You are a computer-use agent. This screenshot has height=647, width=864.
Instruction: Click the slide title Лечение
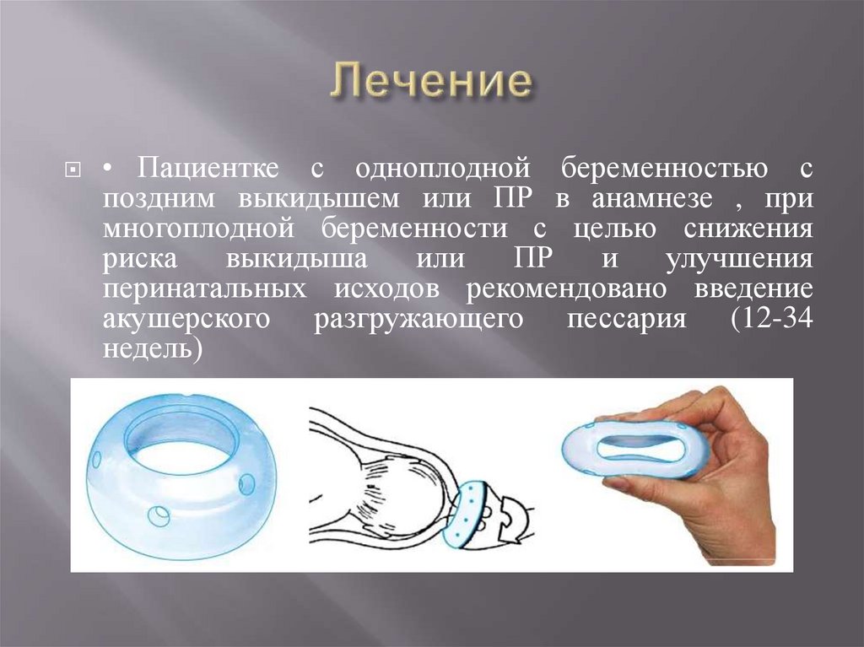(431, 84)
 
